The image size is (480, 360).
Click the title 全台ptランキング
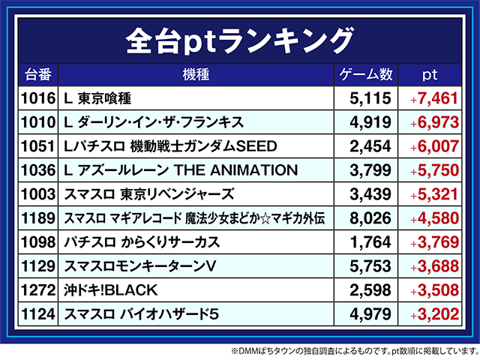click(239, 37)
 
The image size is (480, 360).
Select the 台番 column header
click(37, 75)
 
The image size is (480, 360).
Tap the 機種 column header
click(195, 75)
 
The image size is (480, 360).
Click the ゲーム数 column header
click(366, 75)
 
